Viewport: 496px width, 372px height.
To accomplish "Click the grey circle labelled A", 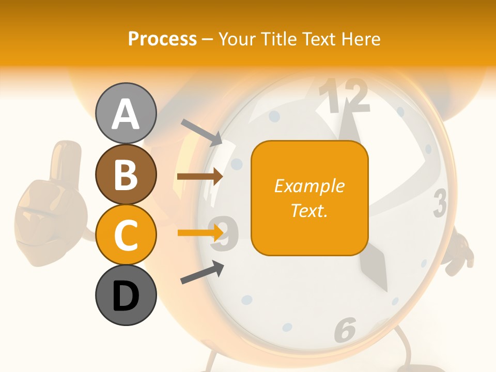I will pyautogui.click(x=126, y=113).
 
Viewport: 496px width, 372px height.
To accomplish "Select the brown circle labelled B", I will pyautogui.click(x=126, y=174).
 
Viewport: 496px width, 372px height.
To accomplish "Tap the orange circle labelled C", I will pyautogui.click(x=126, y=235).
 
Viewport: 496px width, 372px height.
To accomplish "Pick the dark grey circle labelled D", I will pyautogui.click(x=126, y=295).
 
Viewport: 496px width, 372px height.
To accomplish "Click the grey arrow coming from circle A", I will pyautogui.click(x=202, y=132).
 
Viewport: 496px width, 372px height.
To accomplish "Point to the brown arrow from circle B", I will pyautogui.click(x=200, y=176).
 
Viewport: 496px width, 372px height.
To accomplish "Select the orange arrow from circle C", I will pyautogui.click(x=200, y=233).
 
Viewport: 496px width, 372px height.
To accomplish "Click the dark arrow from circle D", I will pyautogui.click(x=202, y=273).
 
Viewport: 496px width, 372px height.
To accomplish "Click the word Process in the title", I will pyautogui.click(x=162, y=39).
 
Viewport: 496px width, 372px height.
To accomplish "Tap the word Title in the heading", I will pyautogui.click(x=279, y=39).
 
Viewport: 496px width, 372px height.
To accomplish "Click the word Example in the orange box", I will pyautogui.click(x=309, y=186).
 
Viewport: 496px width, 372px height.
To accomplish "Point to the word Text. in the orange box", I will pyautogui.click(x=309, y=210).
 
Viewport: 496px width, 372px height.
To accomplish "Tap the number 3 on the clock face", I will pyautogui.click(x=440, y=203).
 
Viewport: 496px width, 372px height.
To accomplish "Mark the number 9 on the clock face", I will pyautogui.click(x=227, y=233).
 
